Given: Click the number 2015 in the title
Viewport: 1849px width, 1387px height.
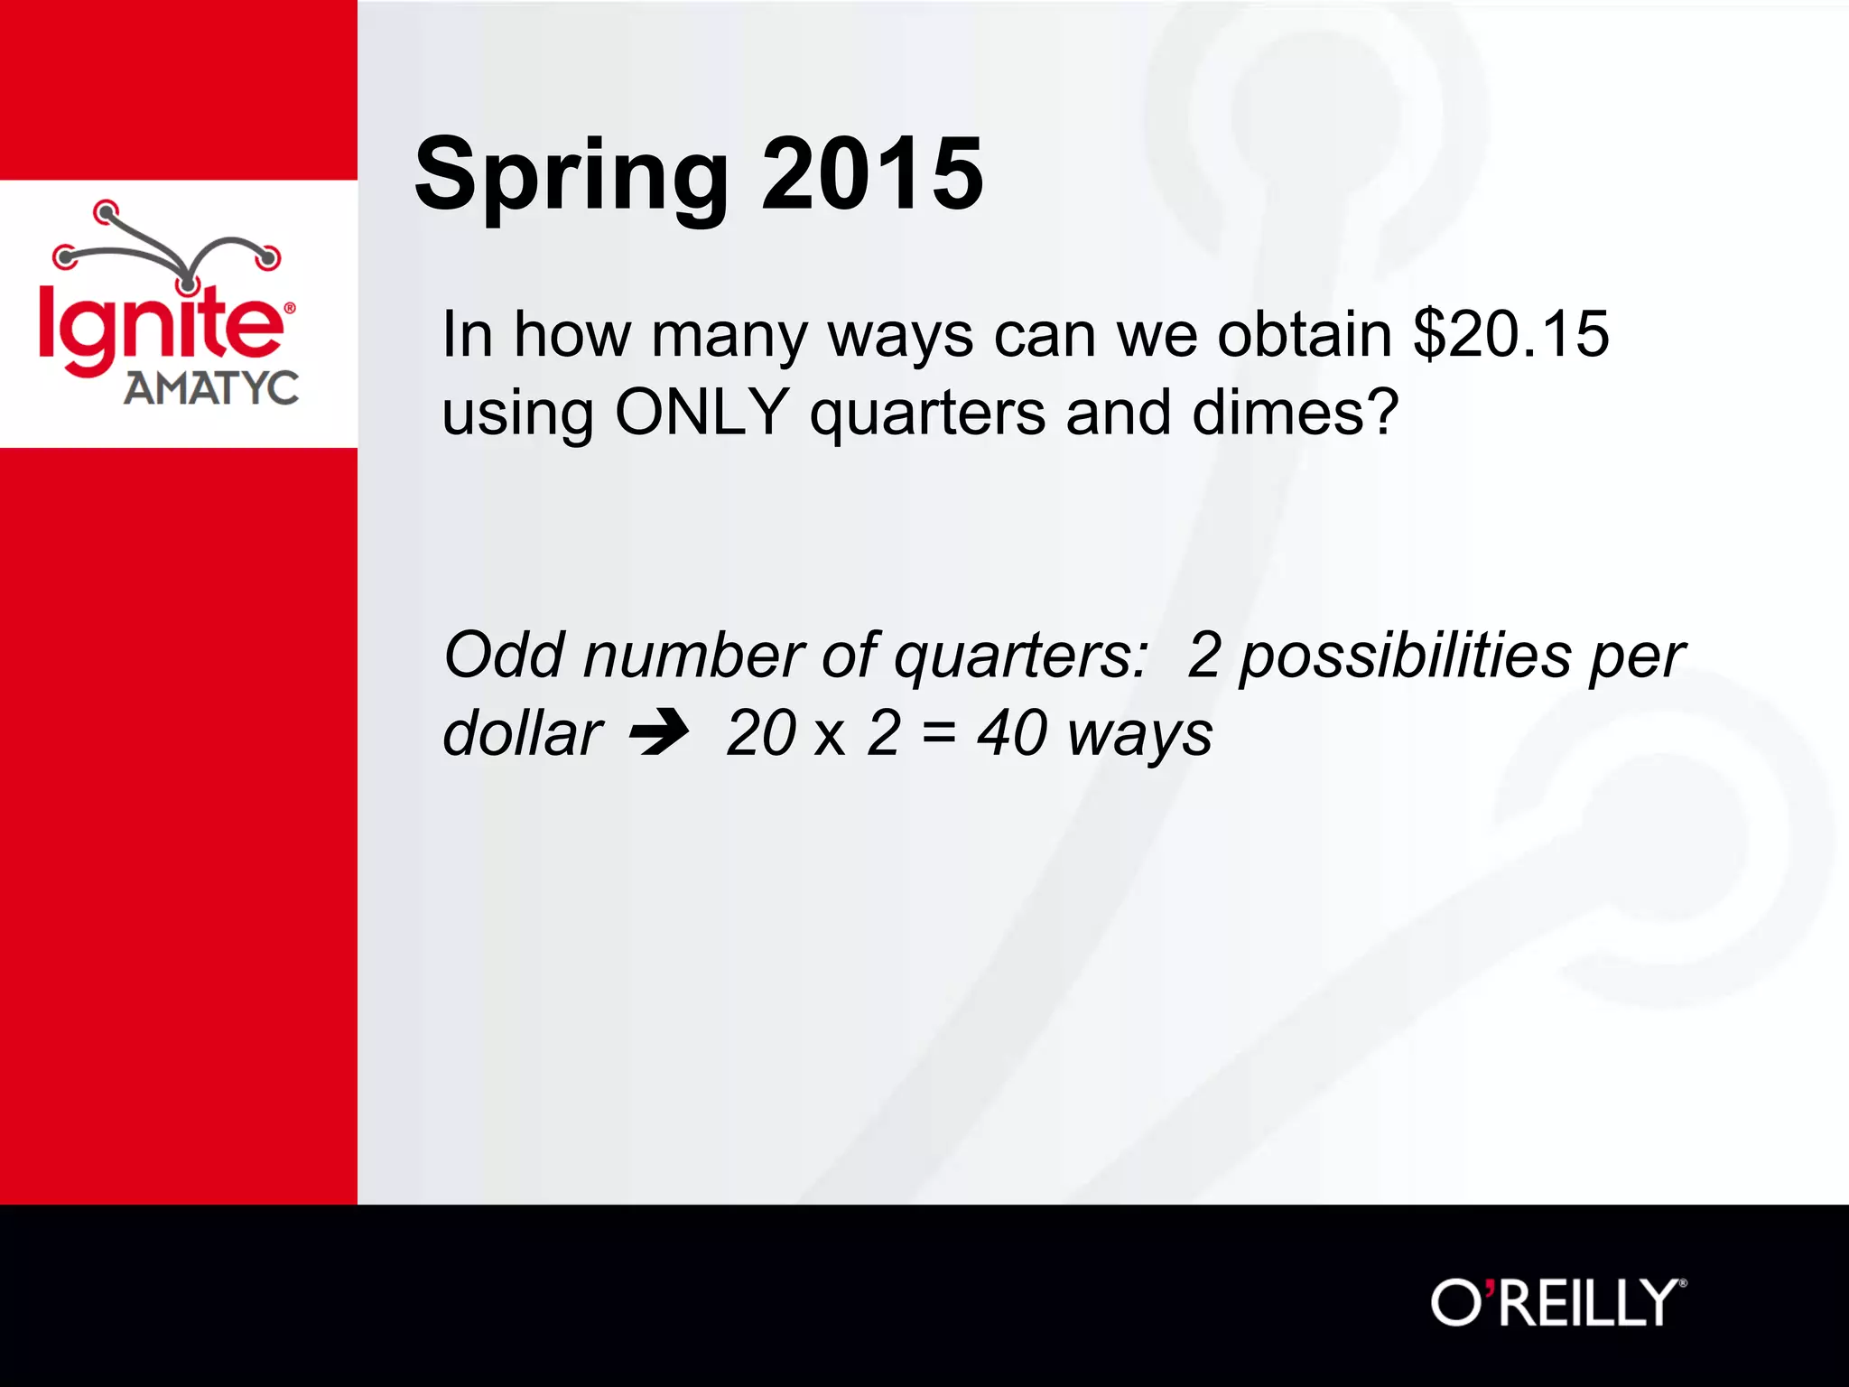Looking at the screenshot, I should point(872,173).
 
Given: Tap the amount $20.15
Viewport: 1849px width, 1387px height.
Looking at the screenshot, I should point(1510,334).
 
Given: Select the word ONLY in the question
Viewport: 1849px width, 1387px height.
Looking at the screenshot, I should point(702,413).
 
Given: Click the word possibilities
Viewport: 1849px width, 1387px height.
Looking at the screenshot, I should point(1405,656).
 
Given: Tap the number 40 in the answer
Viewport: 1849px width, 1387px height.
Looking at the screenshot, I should point(1011,732).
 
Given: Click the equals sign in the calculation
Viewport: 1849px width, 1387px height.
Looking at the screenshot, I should point(938,732).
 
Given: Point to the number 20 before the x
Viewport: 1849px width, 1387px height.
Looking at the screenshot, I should point(760,732).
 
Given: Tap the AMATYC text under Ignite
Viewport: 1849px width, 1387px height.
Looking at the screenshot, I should point(210,389).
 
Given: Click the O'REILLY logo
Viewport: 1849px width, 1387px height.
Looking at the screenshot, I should point(1558,1303).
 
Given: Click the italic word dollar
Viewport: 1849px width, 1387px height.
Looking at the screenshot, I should point(523,732).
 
